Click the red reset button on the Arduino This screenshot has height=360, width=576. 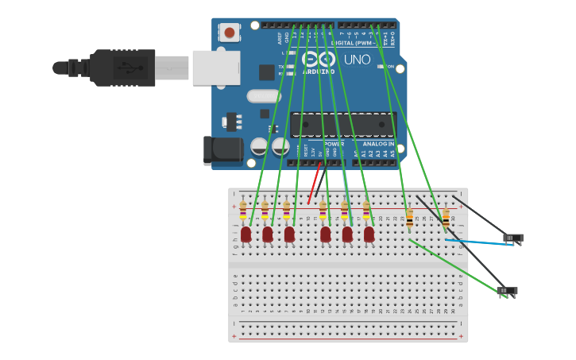(230, 33)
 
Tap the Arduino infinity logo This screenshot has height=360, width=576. (319, 60)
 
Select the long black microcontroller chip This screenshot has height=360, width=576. (342, 125)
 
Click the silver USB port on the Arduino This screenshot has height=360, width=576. (215, 68)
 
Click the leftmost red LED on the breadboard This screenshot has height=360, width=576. (246, 234)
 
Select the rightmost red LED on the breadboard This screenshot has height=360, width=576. (369, 234)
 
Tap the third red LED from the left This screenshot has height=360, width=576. (289, 234)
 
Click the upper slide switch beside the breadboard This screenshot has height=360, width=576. (514, 237)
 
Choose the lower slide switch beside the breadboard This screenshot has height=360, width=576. (507, 291)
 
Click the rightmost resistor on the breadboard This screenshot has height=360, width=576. (446, 218)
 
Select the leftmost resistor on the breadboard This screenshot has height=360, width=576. (243, 211)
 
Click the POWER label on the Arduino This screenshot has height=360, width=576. (334, 144)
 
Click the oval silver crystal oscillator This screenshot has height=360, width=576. (263, 96)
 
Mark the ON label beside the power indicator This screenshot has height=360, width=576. (390, 67)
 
